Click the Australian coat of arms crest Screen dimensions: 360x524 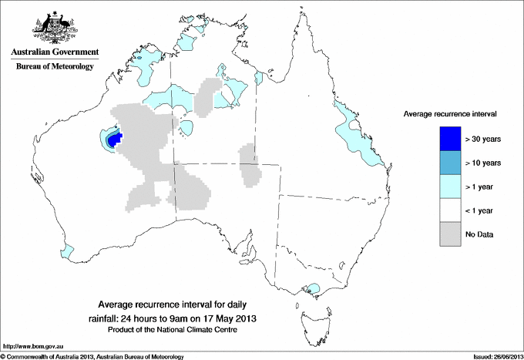click(x=52, y=29)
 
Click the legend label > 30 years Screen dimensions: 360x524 click(x=484, y=139)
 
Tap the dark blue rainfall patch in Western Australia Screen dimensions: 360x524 click(x=113, y=140)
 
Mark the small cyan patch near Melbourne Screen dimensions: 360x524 click(x=312, y=289)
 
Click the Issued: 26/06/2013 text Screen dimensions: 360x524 click(x=492, y=356)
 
